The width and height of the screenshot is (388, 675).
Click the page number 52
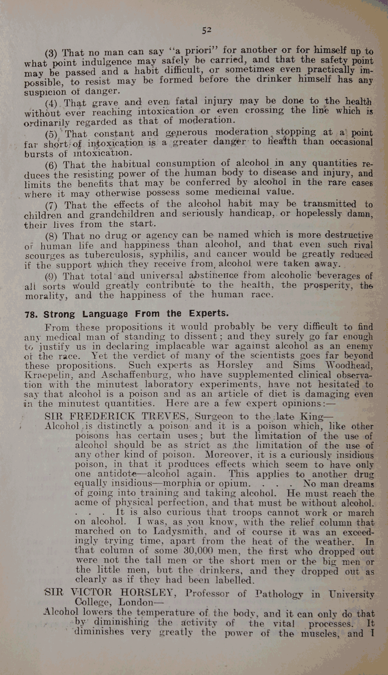coord(207,30)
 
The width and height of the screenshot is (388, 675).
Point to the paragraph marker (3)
coord(51,54)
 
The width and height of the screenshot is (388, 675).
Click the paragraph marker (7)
coord(51,205)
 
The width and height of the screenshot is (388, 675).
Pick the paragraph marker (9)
coord(51,277)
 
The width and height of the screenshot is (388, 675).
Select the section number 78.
coord(31,315)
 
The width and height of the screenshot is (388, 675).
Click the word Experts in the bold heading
coord(209,313)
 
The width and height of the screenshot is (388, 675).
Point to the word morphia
coord(182,484)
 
